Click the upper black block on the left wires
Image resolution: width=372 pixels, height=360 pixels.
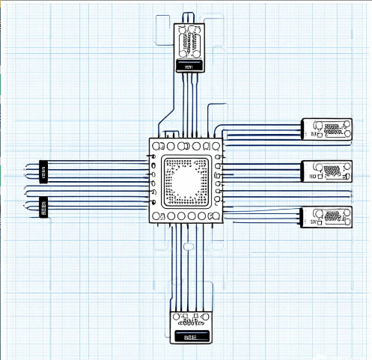tap(43, 172)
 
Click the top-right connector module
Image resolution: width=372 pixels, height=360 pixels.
tap(326, 129)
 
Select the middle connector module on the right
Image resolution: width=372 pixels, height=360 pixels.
tap(326, 171)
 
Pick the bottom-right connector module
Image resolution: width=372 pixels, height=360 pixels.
tap(326, 217)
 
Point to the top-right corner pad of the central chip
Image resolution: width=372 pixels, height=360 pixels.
tap(216, 146)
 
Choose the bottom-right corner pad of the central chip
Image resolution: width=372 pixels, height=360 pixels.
tap(216, 216)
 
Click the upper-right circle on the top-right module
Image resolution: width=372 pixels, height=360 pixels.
tap(346, 124)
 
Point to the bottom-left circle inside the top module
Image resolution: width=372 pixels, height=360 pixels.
tap(182, 53)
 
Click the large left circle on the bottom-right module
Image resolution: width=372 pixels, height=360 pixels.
tap(317, 214)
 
